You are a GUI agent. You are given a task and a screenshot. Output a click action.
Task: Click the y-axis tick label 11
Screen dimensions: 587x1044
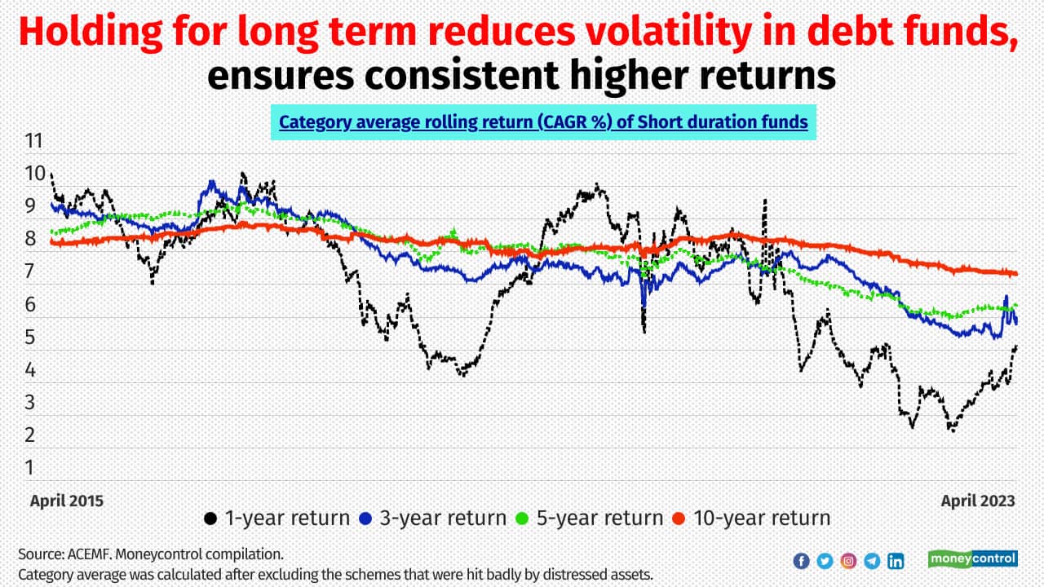(x=33, y=140)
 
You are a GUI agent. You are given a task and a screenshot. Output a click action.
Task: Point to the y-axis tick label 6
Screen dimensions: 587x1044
(x=30, y=304)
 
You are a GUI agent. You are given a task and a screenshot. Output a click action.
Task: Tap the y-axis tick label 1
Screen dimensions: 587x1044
(x=30, y=467)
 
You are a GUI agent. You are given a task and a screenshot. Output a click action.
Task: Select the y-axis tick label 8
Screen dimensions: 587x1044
(x=30, y=239)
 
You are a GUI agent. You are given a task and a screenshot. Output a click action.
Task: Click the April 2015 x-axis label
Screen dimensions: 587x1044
(x=67, y=501)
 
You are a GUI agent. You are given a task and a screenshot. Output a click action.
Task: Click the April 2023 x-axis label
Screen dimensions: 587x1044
(x=978, y=501)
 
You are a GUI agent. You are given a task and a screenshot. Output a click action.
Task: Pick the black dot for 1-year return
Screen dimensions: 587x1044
(x=210, y=519)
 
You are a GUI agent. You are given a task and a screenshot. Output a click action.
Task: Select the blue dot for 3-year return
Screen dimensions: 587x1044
(x=366, y=519)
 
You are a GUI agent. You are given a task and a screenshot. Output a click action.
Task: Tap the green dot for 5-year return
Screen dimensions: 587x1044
(x=523, y=519)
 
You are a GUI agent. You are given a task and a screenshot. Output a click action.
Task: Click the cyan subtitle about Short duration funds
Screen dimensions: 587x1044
(x=543, y=122)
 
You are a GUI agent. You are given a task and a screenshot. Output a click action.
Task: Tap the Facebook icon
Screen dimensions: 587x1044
(x=801, y=561)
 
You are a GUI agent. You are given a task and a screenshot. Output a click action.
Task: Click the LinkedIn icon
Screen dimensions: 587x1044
(x=896, y=561)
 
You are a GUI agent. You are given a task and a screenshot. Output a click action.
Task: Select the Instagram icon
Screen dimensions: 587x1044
(x=848, y=561)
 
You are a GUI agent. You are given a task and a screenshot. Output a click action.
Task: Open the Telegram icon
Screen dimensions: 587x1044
(x=872, y=561)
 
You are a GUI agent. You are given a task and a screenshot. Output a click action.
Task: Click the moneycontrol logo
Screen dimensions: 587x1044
(x=973, y=559)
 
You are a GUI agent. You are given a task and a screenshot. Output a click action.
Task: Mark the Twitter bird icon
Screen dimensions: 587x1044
(x=825, y=561)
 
